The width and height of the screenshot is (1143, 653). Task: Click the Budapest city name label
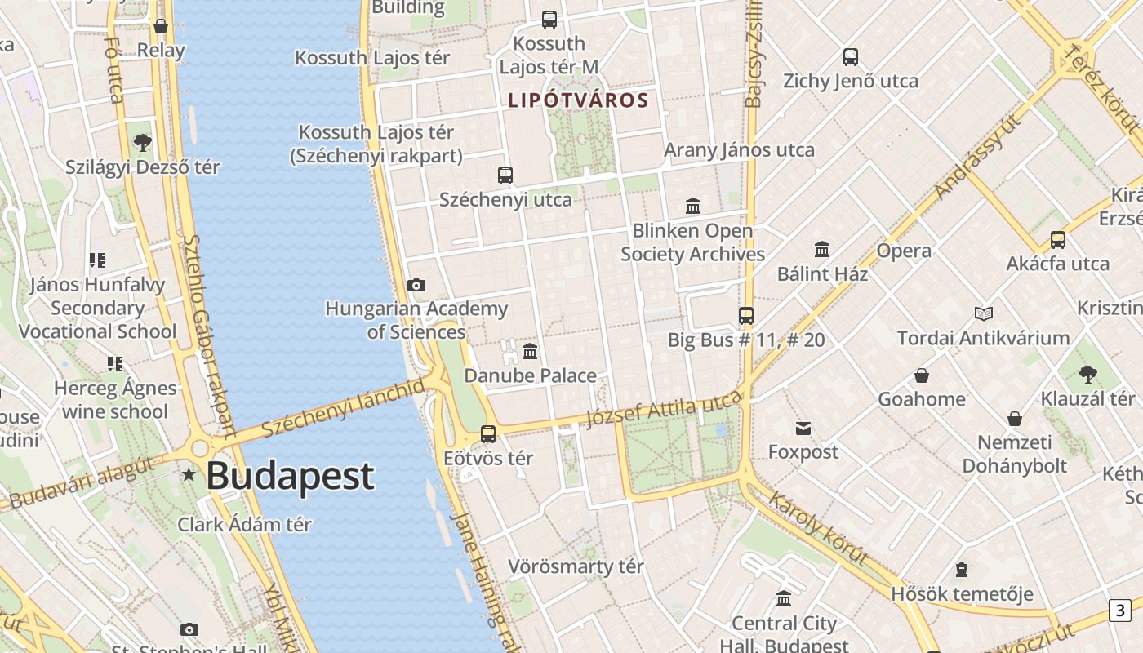click(x=290, y=476)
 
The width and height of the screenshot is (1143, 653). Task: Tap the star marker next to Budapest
click(x=189, y=474)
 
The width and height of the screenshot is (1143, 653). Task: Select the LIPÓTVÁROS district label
click(x=578, y=100)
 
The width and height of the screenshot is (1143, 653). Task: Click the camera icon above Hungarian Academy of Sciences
click(x=416, y=285)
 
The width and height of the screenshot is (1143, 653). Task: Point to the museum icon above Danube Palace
click(x=530, y=352)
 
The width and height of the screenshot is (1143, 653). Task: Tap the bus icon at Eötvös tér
click(x=488, y=433)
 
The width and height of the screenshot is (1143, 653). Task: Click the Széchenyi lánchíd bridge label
click(x=344, y=407)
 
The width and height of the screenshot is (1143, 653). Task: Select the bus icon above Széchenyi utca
click(x=505, y=175)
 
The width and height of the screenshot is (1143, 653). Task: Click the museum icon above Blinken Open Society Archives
click(x=693, y=206)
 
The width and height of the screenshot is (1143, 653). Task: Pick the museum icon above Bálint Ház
click(x=822, y=249)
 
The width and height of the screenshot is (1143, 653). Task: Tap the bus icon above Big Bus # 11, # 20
click(x=745, y=316)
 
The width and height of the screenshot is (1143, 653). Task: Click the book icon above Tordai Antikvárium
click(x=983, y=313)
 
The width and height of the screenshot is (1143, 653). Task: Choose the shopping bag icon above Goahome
click(x=922, y=375)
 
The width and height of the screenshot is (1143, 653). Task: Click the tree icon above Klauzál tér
click(x=1087, y=375)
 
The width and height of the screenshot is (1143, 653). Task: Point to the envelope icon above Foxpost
click(x=803, y=428)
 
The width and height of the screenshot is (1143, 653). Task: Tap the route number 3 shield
click(x=1119, y=610)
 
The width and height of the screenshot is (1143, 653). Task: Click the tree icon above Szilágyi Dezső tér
click(x=143, y=143)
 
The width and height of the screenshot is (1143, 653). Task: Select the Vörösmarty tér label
click(x=576, y=566)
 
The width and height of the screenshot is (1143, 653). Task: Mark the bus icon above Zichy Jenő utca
click(x=851, y=57)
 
